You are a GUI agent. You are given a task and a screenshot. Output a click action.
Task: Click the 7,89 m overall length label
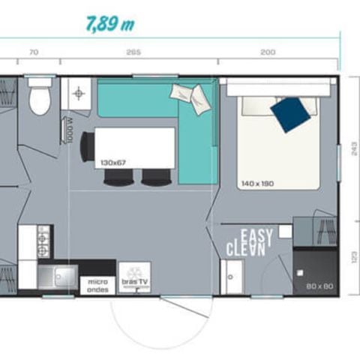(x=109, y=23)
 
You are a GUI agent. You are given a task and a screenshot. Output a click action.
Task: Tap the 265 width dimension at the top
(x=134, y=52)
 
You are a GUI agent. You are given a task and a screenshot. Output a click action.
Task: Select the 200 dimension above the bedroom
(x=268, y=52)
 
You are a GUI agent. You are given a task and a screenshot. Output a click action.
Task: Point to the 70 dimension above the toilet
(x=33, y=52)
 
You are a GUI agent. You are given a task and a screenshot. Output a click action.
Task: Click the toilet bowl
(x=40, y=100)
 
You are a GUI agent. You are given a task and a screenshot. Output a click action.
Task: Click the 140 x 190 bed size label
(x=259, y=183)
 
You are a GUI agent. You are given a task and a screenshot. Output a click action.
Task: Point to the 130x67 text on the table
(x=113, y=160)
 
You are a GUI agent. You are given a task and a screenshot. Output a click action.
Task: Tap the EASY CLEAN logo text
(x=247, y=242)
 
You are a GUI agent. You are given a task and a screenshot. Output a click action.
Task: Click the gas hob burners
(x=43, y=241)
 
